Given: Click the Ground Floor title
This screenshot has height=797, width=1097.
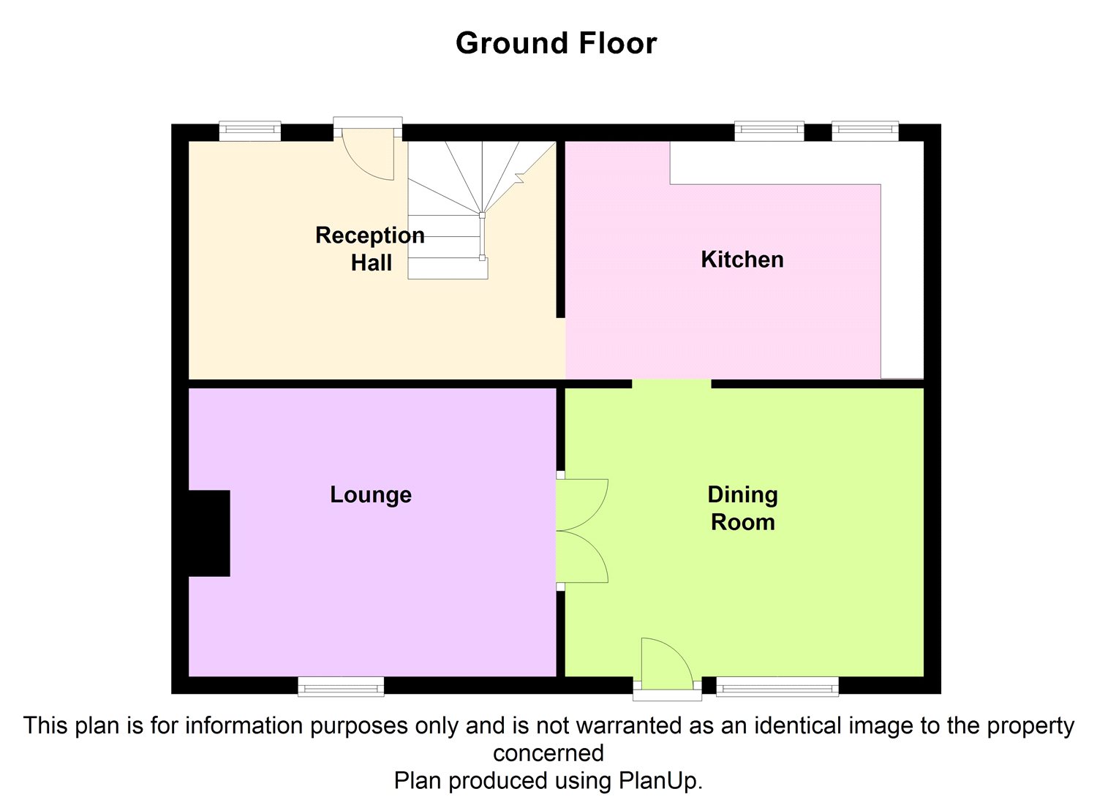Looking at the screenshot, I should tap(556, 43).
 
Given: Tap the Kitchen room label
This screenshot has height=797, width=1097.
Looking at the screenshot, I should tap(742, 260).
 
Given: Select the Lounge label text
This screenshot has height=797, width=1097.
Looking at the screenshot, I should tap(371, 495).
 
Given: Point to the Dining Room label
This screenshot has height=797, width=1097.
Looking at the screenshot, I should tap(742, 508).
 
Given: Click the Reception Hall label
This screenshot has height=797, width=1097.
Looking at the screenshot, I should tap(370, 249).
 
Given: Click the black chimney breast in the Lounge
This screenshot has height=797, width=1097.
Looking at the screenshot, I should tap(210, 533).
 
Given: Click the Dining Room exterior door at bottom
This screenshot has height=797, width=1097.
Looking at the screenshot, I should tap(666, 665).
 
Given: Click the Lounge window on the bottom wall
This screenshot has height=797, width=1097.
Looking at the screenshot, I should tap(341, 686).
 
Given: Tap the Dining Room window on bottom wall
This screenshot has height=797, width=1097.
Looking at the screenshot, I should tap(777, 686).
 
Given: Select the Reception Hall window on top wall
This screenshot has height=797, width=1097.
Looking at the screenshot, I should tap(249, 131).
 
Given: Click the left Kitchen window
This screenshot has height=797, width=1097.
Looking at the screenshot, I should tap(769, 131).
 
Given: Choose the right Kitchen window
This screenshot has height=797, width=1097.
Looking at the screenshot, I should tap(864, 131).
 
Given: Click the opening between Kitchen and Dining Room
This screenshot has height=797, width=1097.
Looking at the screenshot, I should tap(671, 383).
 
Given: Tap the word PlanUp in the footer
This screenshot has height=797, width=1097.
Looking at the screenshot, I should tap(657, 780).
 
